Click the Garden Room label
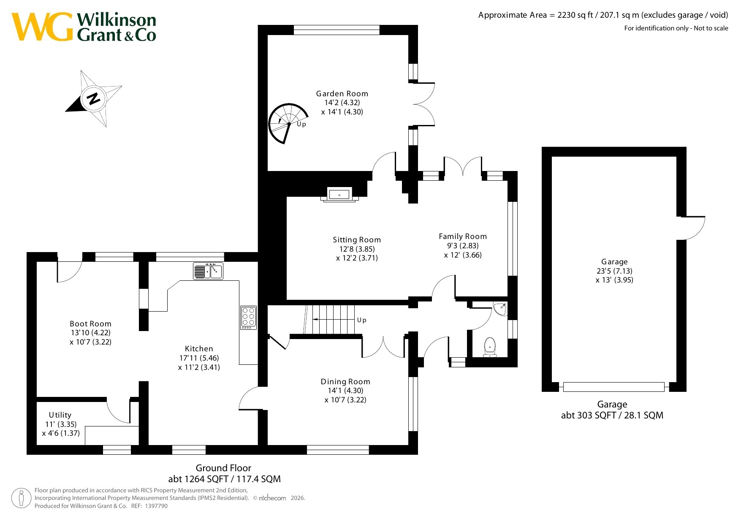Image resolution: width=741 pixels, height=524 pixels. (x=342, y=94)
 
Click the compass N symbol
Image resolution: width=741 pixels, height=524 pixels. (x=93, y=98)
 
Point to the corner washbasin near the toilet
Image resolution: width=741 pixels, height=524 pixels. (x=501, y=308)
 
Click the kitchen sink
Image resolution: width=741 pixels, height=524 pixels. (x=208, y=271)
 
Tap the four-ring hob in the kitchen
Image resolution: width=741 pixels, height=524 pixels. (x=248, y=318)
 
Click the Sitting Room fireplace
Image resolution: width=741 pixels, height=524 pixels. (x=339, y=195)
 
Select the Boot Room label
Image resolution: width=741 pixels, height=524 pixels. (x=91, y=324)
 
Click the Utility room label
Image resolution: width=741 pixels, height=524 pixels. (x=60, y=415)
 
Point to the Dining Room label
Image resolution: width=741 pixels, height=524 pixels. (x=345, y=382)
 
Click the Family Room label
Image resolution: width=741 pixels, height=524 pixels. (x=463, y=236)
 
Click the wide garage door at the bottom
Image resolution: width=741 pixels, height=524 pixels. (x=614, y=387)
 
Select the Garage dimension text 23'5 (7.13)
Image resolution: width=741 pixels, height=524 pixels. (x=614, y=271)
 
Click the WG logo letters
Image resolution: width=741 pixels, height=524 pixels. (x=42, y=27)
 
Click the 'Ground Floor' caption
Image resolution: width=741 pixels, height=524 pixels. (x=223, y=468)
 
